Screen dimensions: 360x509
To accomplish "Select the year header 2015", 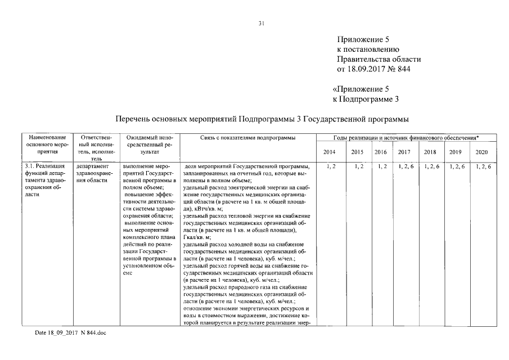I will click(x=357, y=152).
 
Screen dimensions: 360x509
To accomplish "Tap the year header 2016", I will click(x=380, y=152).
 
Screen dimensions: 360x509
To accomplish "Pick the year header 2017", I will click(x=404, y=152).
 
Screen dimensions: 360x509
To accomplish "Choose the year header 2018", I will click(x=430, y=152).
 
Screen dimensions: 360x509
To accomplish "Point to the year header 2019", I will click(x=456, y=152).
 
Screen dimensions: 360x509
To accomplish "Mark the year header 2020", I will click(x=481, y=152).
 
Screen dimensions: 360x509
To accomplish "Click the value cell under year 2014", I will click(x=330, y=166).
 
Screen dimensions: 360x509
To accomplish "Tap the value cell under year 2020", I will click(x=482, y=166).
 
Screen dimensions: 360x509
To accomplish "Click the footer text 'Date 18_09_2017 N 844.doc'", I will click(x=70, y=333).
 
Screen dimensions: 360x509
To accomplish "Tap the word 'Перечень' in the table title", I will click(x=133, y=119).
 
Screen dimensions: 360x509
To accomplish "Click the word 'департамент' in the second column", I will click(x=91, y=166).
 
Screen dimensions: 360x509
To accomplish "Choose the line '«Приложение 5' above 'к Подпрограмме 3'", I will click(x=361, y=89).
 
